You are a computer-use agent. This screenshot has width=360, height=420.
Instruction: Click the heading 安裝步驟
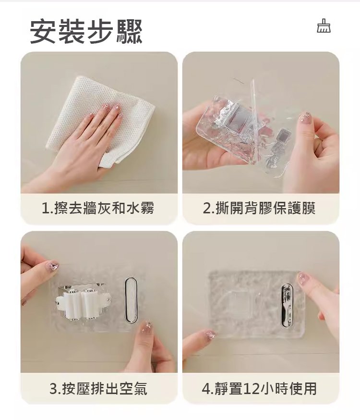pos(86,31)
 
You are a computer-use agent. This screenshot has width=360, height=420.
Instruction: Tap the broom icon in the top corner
pos(324,26)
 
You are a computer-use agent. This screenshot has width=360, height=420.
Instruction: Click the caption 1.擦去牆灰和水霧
pos(98,208)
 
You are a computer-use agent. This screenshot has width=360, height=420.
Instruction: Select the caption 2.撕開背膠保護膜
pos(259,208)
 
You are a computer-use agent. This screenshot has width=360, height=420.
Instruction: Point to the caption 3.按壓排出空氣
pos(98,389)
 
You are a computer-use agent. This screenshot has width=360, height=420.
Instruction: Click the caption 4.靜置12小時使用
pos(259,389)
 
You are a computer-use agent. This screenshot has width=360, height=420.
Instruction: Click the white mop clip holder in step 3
pos(82,304)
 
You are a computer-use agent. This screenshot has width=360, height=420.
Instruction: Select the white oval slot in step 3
pos(131,299)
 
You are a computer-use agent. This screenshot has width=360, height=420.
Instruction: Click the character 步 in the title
pos(100,31)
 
